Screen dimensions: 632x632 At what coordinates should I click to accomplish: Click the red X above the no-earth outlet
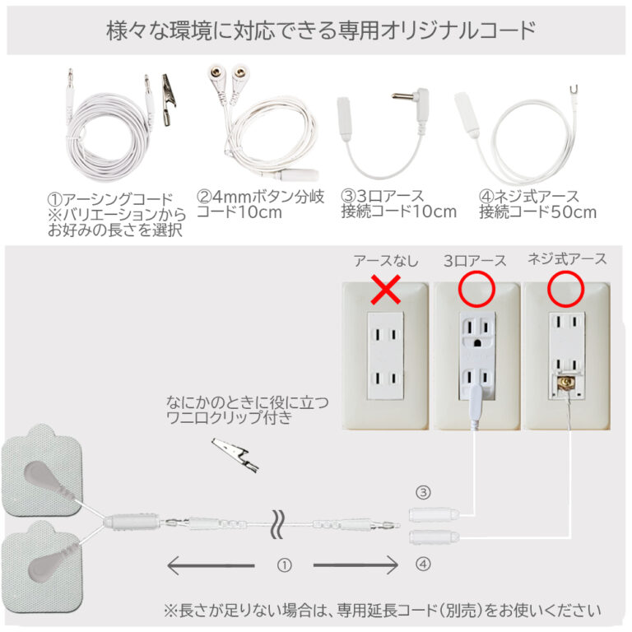(386, 290)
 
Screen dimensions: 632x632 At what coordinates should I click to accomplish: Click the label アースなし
(386, 261)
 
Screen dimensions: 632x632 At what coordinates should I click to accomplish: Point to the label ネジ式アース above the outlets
(567, 259)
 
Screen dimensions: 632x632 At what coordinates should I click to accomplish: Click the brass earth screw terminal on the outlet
(565, 382)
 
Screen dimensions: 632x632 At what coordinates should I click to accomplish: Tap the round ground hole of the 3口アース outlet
(477, 343)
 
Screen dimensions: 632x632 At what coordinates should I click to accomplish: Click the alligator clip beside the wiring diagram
(235, 455)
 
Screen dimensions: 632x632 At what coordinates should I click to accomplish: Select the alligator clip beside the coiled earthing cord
(169, 100)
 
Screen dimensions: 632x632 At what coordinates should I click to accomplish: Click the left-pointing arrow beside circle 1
(211, 565)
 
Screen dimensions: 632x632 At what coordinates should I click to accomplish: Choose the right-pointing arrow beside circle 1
(355, 565)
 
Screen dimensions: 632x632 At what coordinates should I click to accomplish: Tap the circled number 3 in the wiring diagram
(423, 493)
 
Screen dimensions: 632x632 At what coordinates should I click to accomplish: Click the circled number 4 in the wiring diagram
(423, 564)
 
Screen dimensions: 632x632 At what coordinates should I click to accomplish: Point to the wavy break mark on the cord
(278, 524)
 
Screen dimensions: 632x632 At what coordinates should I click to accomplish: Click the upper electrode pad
(41, 470)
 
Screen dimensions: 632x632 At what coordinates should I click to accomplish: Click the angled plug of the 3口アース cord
(412, 98)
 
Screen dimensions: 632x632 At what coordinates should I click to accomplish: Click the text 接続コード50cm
(537, 212)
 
